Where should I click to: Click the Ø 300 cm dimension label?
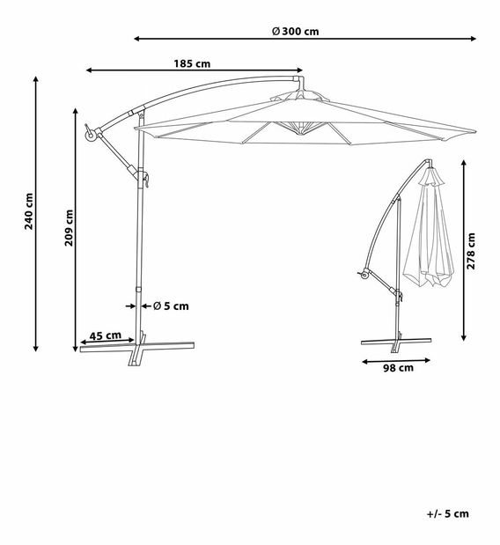point(295,31)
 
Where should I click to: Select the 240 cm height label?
point(29,210)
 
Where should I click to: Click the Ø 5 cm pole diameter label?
point(171,306)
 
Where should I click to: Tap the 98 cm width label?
point(399,369)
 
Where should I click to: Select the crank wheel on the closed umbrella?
point(362,278)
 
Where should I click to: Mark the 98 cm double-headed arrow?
point(395,359)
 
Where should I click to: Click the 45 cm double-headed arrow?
point(107,342)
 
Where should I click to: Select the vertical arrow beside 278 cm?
point(464,251)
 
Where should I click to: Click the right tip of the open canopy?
point(473,133)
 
